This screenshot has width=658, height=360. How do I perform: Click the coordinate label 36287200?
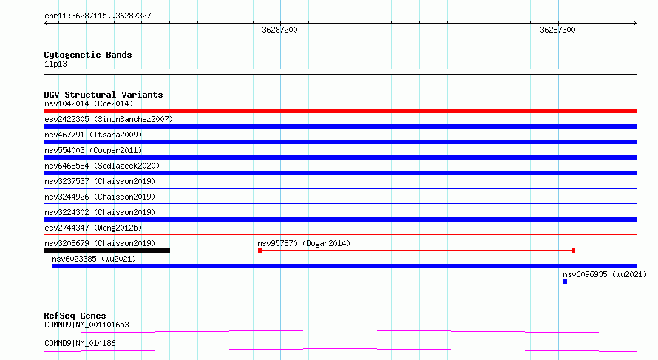click(x=279, y=30)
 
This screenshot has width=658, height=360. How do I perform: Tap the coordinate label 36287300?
click(x=557, y=30)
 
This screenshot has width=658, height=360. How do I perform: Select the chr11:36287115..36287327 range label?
click(x=98, y=16)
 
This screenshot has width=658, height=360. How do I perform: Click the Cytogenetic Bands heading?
click(x=88, y=55)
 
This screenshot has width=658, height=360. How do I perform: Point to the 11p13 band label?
click(x=55, y=64)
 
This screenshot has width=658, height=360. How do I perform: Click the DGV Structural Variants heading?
click(x=104, y=95)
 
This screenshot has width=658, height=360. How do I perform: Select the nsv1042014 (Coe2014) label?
click(x=89, y=103)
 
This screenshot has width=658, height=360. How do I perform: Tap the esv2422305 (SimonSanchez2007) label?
click(x=109, y=119)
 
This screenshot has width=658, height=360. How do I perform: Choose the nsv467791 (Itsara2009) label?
click(x=93, y=135)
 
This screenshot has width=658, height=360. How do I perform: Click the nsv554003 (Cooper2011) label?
click(x=93, y=150)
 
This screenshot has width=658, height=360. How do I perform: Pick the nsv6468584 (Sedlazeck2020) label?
click(x=102, y=166)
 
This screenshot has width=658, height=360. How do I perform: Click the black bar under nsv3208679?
click(x=107, y=251)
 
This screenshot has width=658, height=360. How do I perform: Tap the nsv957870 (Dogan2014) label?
click(x=304, y=243)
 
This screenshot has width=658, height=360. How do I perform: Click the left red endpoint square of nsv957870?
click(x=260, y=251)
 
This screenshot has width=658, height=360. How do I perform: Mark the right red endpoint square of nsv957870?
click(x=574, y=251)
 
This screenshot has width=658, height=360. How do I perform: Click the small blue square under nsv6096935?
click(x=566, y=282)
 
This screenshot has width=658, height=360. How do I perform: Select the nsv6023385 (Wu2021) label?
click(x=94, y=259)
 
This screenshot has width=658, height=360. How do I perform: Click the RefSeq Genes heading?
click(x=75, y=316)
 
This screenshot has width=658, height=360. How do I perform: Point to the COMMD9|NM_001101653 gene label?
click(x=87, y=325)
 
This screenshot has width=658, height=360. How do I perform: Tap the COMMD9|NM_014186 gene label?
click(x=80, y=343)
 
